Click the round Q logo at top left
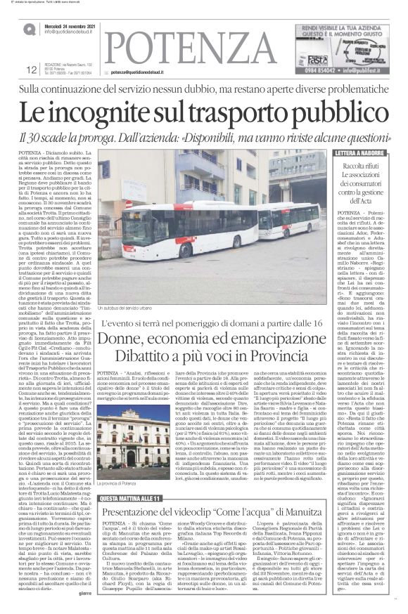pos(28,29)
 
